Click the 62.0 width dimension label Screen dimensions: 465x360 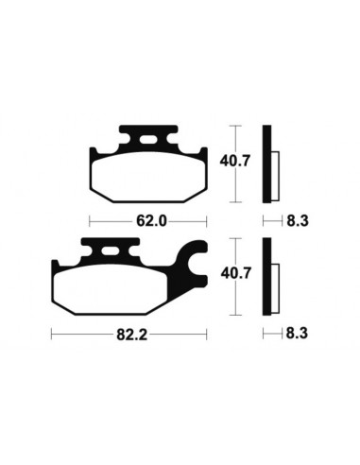point(146,222)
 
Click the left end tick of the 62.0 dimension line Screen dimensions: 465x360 point(90,222)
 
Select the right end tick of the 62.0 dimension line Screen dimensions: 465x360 point(204,222)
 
